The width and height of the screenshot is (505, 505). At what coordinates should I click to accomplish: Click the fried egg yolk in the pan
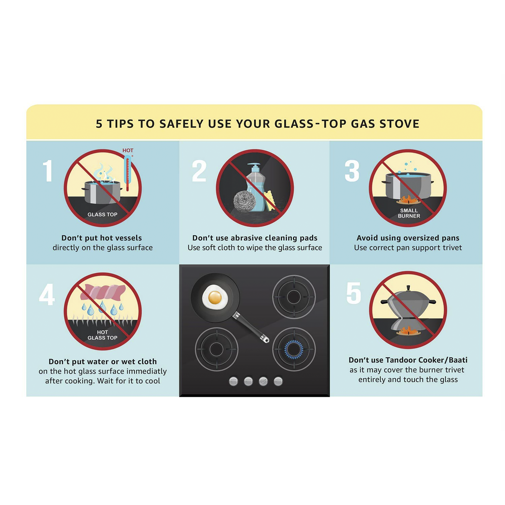point(215,297)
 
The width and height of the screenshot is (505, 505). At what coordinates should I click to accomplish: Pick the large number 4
point(47,294)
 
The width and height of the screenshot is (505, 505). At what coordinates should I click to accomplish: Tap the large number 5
point(353,293)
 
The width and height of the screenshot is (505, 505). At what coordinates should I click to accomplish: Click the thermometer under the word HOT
point(127,173)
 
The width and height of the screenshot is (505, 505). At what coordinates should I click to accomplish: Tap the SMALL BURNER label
point(409,213)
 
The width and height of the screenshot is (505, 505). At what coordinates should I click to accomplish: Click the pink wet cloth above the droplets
point(103,292)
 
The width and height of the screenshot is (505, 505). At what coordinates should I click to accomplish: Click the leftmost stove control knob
point(233,381)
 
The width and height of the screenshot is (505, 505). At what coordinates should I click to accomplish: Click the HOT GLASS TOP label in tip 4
point(102,335)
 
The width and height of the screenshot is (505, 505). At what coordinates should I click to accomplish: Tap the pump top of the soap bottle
point(254,165)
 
